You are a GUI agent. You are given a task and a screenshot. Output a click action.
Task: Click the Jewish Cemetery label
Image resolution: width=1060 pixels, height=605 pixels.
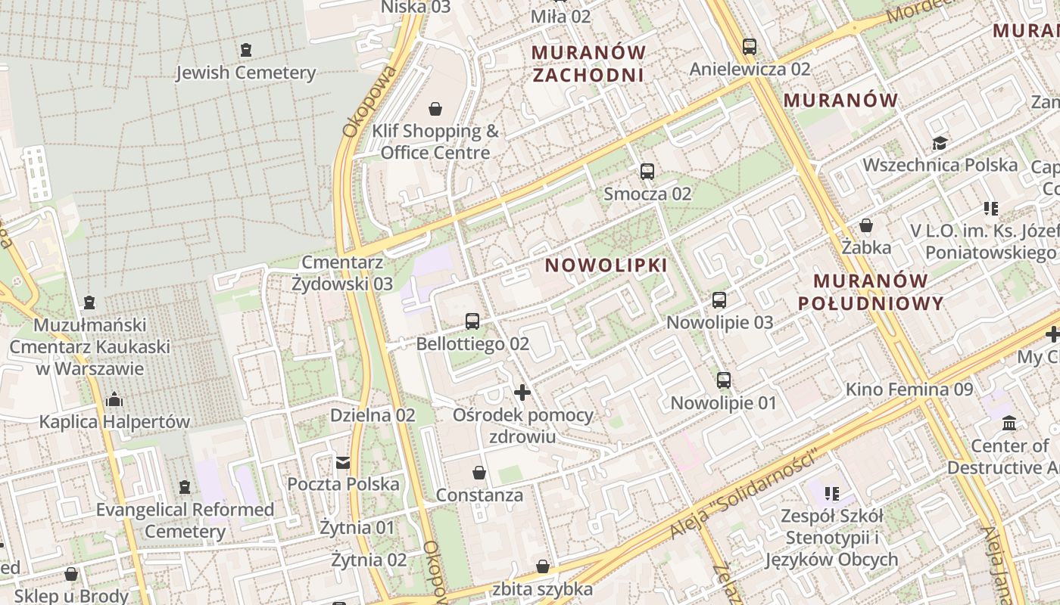point(245,73)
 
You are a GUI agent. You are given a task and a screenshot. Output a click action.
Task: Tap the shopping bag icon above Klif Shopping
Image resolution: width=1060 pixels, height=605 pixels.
point(435,109)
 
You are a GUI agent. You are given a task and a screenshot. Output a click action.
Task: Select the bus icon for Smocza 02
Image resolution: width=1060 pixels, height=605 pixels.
point(647,172)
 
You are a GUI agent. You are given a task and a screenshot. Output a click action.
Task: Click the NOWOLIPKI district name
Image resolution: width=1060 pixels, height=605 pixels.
point(606,265)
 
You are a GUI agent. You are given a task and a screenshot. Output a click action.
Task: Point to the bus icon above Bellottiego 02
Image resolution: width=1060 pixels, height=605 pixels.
point(472,321)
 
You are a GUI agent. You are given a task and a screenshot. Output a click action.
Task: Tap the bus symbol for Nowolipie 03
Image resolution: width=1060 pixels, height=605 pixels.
point(719,300)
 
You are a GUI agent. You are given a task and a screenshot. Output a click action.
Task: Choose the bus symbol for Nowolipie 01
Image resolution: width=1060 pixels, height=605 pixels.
point(724,380)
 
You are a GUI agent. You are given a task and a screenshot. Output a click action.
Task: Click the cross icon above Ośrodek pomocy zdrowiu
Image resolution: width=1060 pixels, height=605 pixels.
point(522,392)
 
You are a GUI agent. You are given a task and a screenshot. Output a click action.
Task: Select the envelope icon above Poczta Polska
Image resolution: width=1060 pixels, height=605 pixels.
point(343,462)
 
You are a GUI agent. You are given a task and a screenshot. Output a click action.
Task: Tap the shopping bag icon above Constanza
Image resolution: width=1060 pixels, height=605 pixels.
point(479,473)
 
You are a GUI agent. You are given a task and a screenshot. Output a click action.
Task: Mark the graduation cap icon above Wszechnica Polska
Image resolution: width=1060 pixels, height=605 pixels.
point(940,143)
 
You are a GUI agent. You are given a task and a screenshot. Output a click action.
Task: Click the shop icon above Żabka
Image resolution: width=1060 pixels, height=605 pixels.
point(866,225)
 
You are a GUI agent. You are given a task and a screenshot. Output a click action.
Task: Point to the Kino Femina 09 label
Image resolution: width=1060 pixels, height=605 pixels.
point(909,389)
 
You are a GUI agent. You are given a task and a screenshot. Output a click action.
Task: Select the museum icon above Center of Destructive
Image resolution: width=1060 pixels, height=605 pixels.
point(1009,423)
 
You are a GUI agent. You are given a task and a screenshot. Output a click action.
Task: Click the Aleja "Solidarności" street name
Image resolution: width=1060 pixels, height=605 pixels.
point(745,496)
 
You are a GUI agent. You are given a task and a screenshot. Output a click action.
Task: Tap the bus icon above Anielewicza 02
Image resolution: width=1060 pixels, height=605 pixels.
point(750,47)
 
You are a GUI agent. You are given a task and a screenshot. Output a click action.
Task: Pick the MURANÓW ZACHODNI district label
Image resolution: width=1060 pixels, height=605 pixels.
point(588,64)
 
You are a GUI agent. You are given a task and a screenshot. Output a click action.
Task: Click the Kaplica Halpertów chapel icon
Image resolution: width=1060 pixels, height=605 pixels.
point(114,399)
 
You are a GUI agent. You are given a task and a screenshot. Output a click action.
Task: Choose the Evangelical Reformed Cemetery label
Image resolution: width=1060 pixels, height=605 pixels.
point(185,520)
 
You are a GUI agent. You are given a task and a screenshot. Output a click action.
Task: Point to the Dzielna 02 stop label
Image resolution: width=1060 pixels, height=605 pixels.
point(373,415)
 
